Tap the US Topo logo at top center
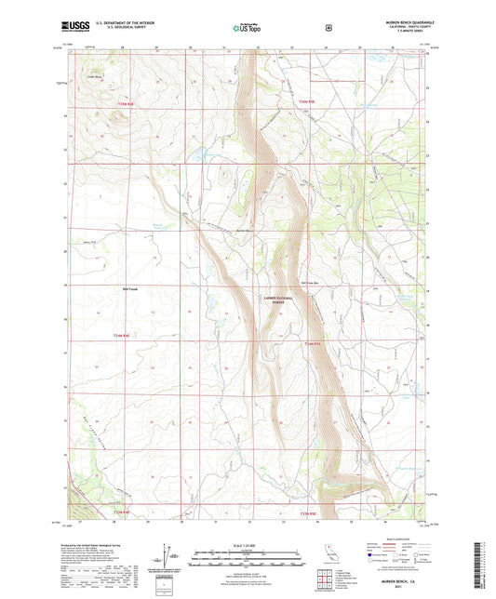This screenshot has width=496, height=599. [x=247, y=28]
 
